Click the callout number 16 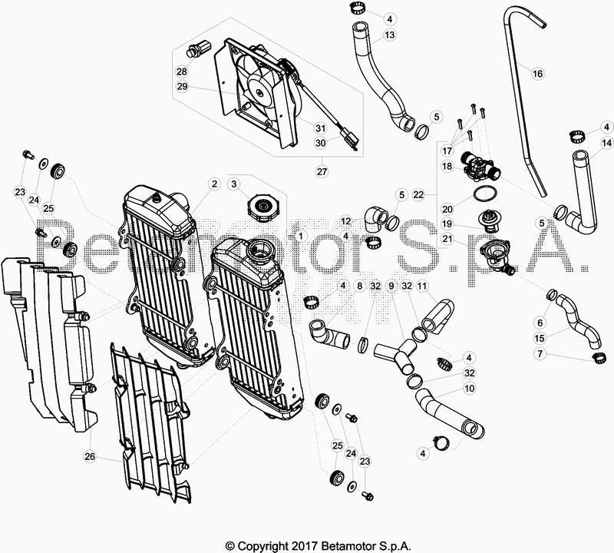click(x=538, y=73)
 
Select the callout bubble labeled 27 click(x=322, y=172)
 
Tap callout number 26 click(x=90, y=456)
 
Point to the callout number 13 click(x=390, y=35)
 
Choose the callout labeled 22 click(x=418, y=194)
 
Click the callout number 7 click(x=540, y=354)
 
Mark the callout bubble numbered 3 click(x=234, y=184)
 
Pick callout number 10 click(x=469, y=389)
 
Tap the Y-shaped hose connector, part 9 click(x=397, y=355)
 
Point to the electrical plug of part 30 click(x=350, y=140)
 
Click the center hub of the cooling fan click(x=259, y=92)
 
